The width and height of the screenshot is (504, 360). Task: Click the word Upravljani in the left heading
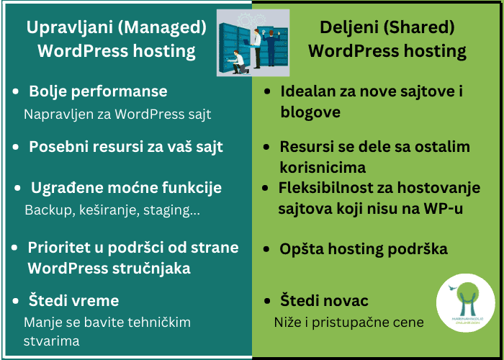[x=69, y=28]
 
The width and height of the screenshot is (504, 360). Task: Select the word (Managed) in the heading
[x=162, y=28]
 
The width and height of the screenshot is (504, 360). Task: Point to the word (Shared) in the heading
[x=418, y=27]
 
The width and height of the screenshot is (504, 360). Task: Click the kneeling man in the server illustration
[x=238, y=62]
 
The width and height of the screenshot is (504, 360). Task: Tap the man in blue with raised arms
[x=271, y=48]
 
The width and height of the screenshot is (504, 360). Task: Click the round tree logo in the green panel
[x=465, y=303]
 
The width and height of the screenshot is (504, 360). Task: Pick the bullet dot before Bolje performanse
[x=15, y=92]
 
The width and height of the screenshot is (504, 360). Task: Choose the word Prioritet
[x=66, y=248]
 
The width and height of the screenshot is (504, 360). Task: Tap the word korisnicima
[x=323, y=168]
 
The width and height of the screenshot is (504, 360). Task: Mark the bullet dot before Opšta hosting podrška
[x=266, y=249]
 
